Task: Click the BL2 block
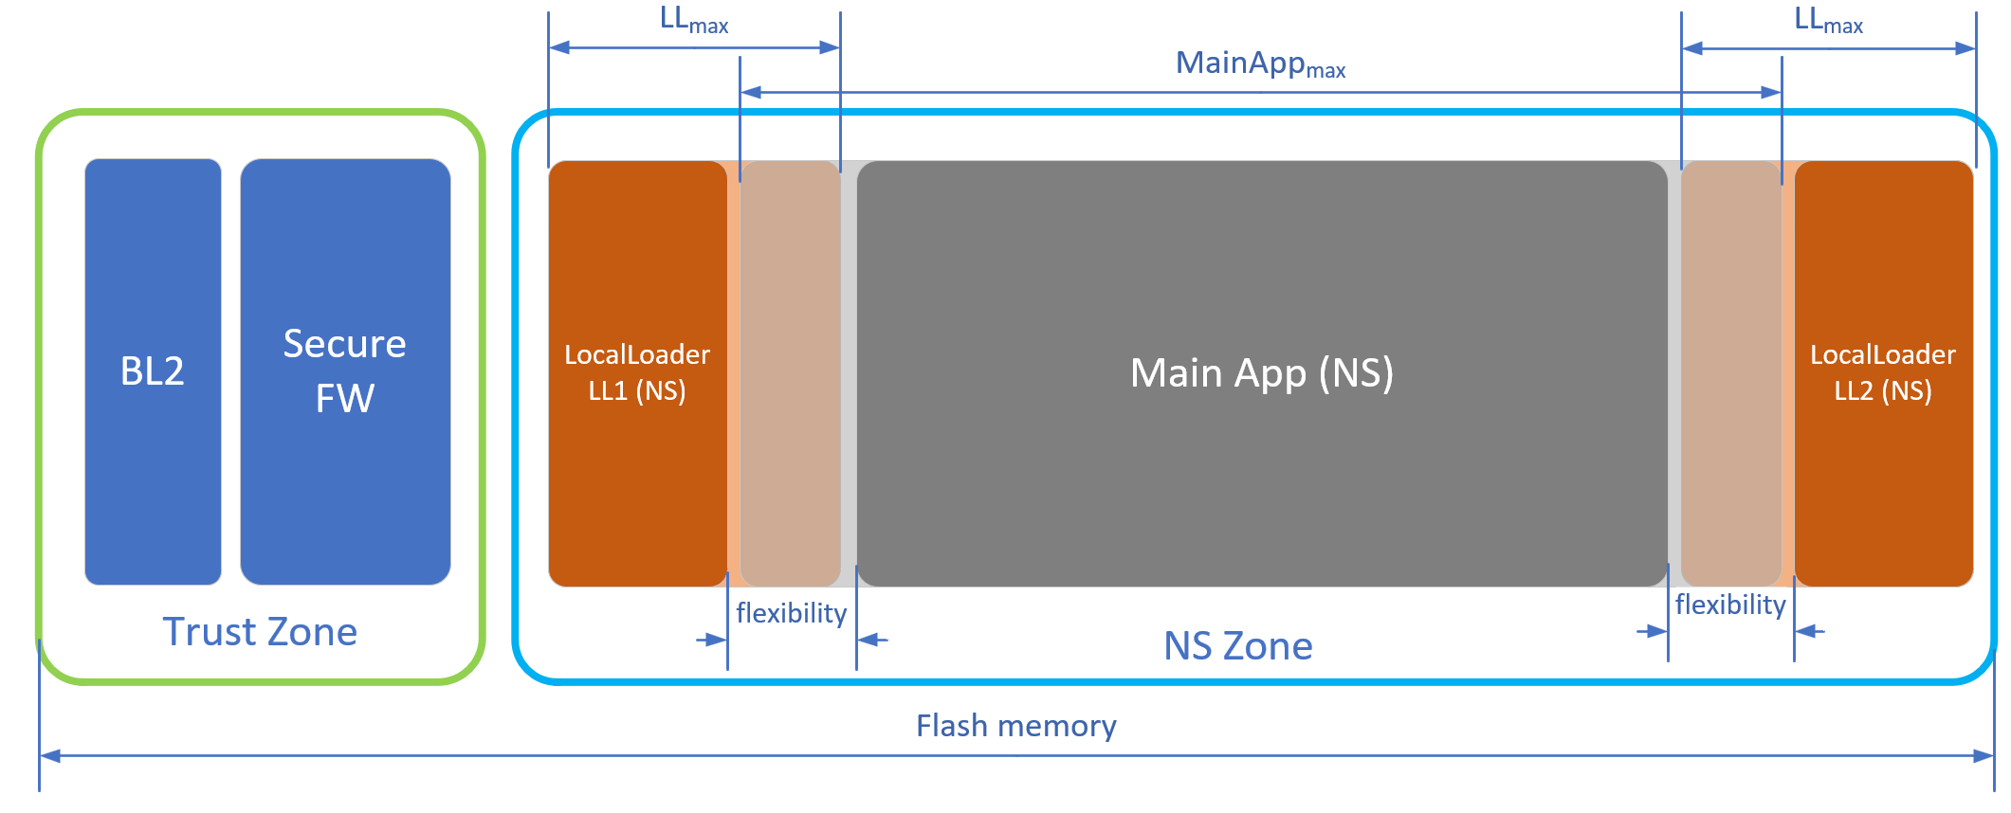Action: (153, 371)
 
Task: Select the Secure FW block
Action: (345, 371)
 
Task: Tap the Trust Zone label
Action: (260, 632)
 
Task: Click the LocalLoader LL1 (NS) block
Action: (637, 373)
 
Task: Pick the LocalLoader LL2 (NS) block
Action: (1883, 373)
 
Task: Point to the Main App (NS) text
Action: (1262, 373)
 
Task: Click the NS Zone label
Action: (1238, 646)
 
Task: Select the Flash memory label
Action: (1016, 726)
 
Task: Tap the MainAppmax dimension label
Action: (1261, 64)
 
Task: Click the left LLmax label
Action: (694, 20)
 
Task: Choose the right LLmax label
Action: (1829, 20)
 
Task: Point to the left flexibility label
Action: (792, 614)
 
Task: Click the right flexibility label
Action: (1730, 605)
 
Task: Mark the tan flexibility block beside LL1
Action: (790, 373)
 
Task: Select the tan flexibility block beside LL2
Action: (1731, 373)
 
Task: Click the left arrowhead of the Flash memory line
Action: (50, 756)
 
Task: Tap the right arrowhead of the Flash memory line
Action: (1983, 756)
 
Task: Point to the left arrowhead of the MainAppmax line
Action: (751, 93)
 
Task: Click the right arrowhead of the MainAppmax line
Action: (1771, 93)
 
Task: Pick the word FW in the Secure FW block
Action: (345, 399)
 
